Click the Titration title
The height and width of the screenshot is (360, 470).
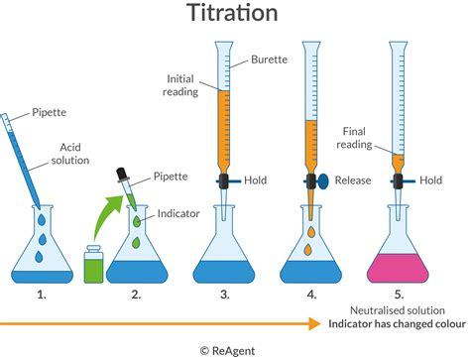[x=234, y=15]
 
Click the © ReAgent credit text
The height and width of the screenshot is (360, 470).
[x=234, y=349]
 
